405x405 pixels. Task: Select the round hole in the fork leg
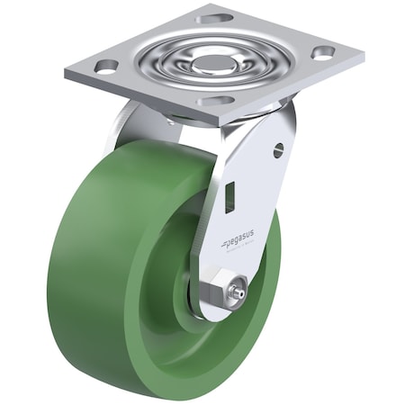point(278,150)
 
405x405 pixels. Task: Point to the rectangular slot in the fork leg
point(229,197)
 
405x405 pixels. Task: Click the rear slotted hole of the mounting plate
point(213,17)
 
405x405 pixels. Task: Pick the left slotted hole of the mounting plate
point(105,66)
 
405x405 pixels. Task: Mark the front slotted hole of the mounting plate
point(213,100)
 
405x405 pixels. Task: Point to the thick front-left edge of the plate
point(135,95)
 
